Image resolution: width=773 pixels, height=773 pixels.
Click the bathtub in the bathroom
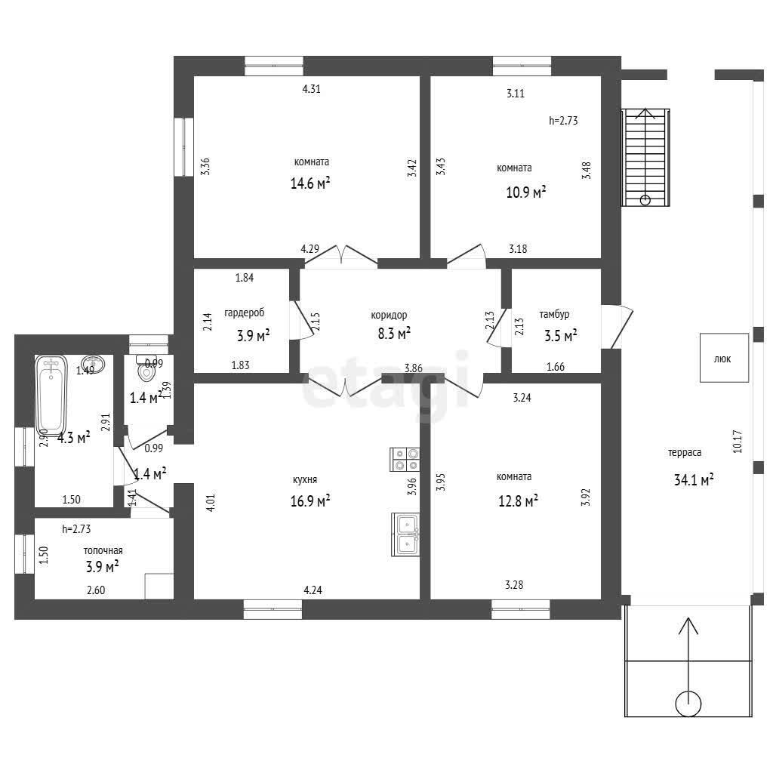coord(51,396)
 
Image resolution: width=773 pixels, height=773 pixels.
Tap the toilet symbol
coord(146,368)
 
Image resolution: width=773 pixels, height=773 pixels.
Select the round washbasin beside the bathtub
coord(93,365)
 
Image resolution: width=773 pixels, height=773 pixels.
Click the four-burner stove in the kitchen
coord(405,459)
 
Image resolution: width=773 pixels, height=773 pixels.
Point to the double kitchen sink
coord(405,534)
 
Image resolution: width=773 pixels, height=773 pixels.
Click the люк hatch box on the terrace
coord(724,358)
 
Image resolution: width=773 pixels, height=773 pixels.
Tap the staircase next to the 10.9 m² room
coord(645,157)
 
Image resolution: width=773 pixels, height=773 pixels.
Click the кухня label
coord(305,479)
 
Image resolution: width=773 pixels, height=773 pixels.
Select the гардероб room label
coord(245,313)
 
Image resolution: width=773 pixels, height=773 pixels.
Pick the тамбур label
coord(554,314)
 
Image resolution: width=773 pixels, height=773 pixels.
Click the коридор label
coord(389,315)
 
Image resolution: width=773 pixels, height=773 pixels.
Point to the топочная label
coord(103,550)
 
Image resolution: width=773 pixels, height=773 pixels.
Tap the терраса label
coord(685,453)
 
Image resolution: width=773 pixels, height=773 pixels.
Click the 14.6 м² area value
coord(310,183)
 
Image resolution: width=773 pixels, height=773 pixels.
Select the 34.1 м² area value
coord(694,479)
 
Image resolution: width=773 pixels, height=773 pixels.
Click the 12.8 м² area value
coord(518,501)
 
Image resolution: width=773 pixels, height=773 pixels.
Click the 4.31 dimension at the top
coord(312,89)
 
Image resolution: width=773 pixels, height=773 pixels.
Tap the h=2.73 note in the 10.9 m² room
coord(563,120)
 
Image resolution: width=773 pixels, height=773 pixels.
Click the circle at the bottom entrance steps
coord(688,704)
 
